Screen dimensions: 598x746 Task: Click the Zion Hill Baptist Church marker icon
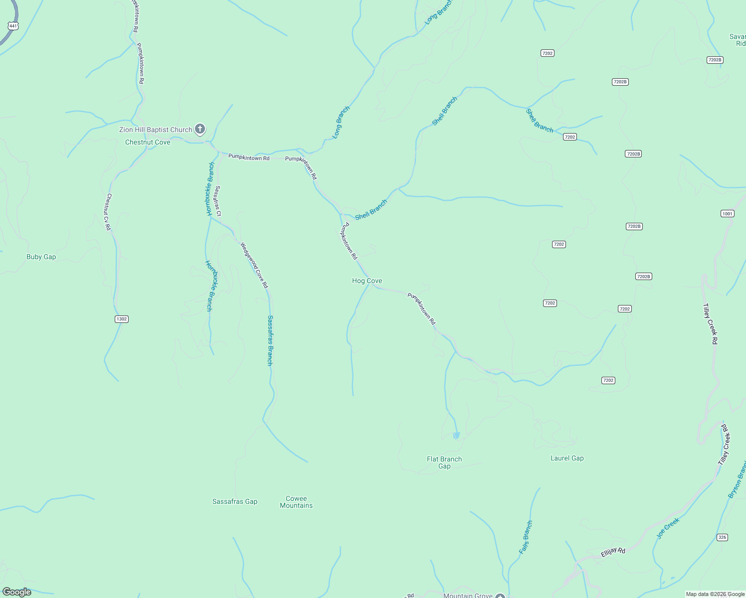point(199,130)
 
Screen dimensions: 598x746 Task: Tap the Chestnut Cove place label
point(148,143)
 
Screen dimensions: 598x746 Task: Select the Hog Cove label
point(367,281)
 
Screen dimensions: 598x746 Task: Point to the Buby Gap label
point(41,257)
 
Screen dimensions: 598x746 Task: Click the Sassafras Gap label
point(235,502)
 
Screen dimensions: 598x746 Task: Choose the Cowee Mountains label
point(296,502)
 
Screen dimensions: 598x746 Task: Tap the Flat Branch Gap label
point(444,462)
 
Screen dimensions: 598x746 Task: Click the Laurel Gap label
point(567,458)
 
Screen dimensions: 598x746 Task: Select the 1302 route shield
point(122,319)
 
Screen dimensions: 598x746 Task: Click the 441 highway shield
point(13,26)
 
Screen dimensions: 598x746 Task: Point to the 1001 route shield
point(728,214)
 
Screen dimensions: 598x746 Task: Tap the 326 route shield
point(722,537)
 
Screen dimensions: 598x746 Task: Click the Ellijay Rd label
point(613,553)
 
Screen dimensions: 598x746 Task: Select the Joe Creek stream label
point(668,528)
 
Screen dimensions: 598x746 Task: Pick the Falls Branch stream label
point(526,537)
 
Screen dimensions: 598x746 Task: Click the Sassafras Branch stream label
point(270,340)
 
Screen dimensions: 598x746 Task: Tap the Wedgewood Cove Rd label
point(254,265)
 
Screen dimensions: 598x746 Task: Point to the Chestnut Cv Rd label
point(108,212)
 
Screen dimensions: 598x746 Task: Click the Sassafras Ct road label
point(217,201)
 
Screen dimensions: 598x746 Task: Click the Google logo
point(16,592)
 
